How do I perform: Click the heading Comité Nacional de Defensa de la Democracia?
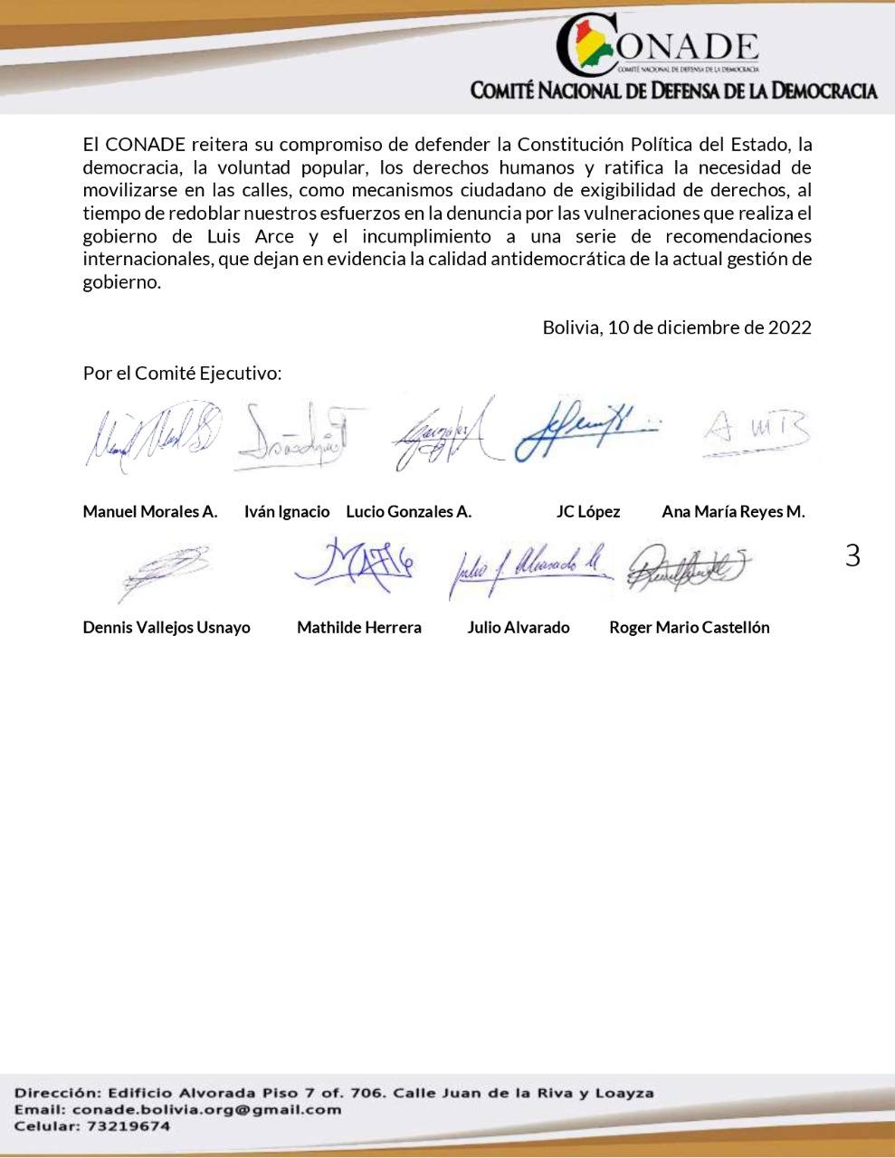[x=673, y=90]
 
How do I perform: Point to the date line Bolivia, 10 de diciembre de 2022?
[x=676, y=327]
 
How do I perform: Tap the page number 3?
[x=852, y=555]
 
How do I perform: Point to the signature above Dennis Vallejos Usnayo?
[x=163, y=572]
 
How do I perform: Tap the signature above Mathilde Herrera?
[x=355, y=565]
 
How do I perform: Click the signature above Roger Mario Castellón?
[x=688, y=567]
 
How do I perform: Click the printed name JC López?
[x=588, y=512]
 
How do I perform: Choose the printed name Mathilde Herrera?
[x=359, y=628]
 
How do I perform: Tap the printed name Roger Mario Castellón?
[x=690, y=628]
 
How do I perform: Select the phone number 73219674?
[x=128, y=1126]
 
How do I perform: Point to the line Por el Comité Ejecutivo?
[x=182, y=373]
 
